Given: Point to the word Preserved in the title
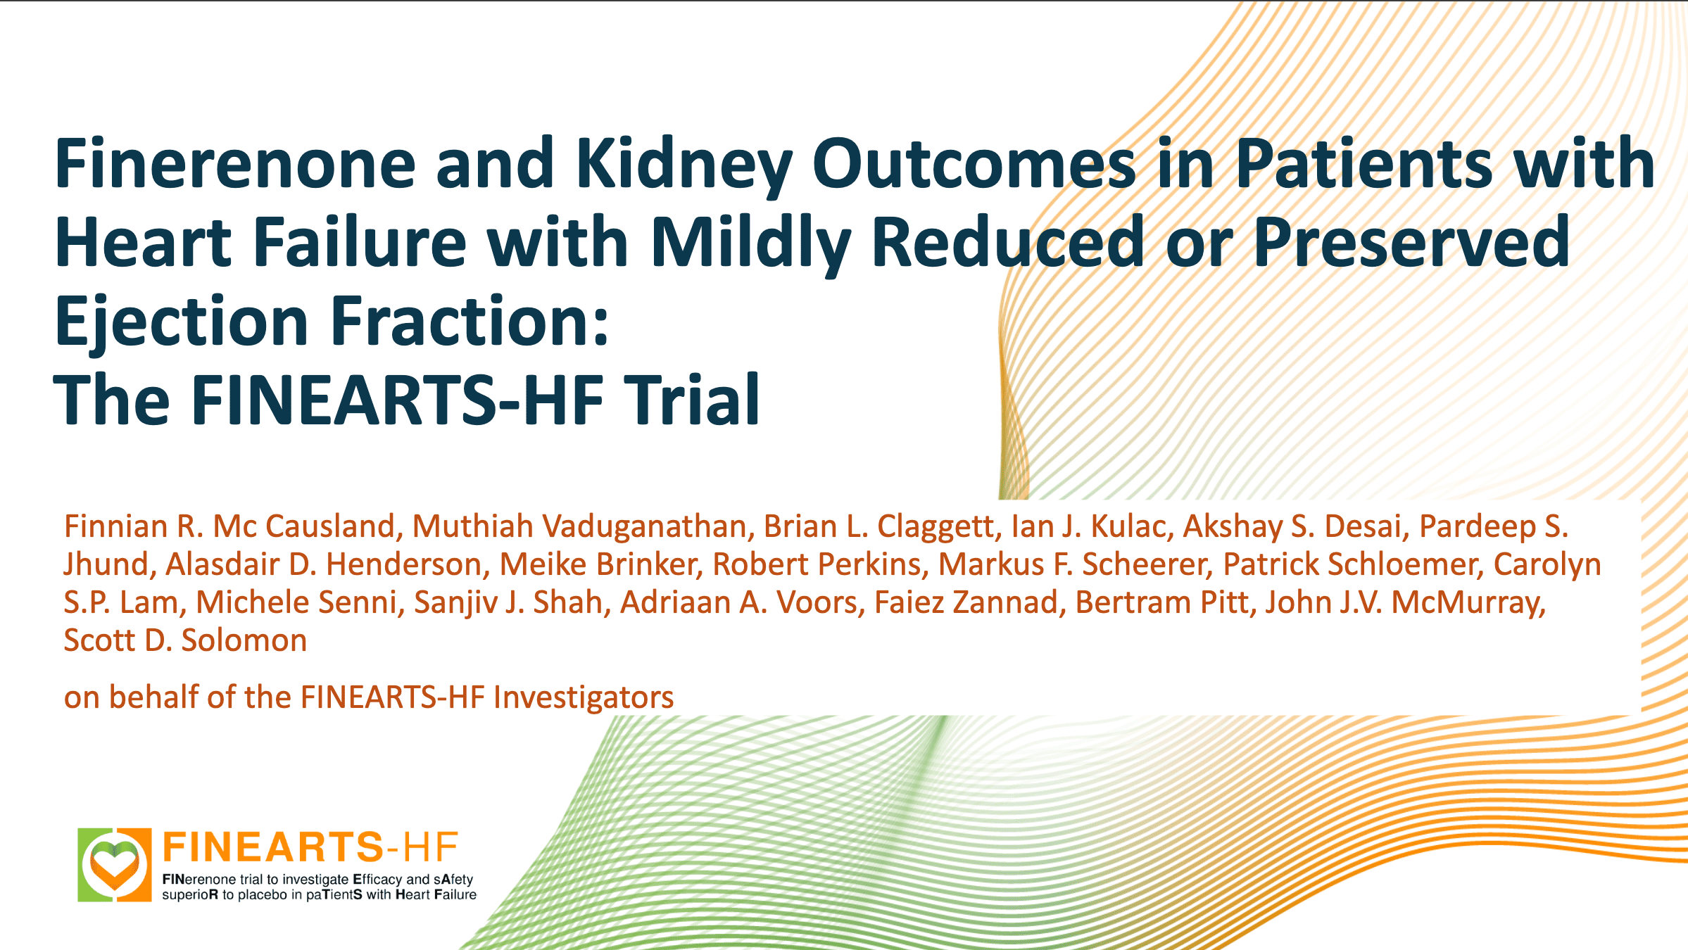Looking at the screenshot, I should tap(1411, 242).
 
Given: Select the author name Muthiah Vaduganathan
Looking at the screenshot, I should tap(579, 526).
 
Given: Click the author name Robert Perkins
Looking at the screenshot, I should tap(817, 564).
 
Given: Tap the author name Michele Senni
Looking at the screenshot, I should tap(296, 602).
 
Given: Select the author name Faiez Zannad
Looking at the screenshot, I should tap(966, 602).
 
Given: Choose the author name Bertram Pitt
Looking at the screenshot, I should tap(1161, 602).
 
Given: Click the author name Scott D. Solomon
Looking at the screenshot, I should tap(185, 640).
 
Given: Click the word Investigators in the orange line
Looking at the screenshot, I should tap(584, 697).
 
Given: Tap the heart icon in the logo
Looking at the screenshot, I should tap(115, 864).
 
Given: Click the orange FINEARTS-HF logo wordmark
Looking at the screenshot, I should tap(310, 847).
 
